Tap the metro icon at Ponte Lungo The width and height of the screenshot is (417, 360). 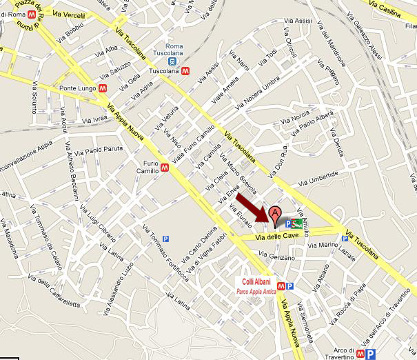102,88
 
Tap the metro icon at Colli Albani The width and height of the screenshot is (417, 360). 279,285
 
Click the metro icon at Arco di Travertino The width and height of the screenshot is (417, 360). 360,353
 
